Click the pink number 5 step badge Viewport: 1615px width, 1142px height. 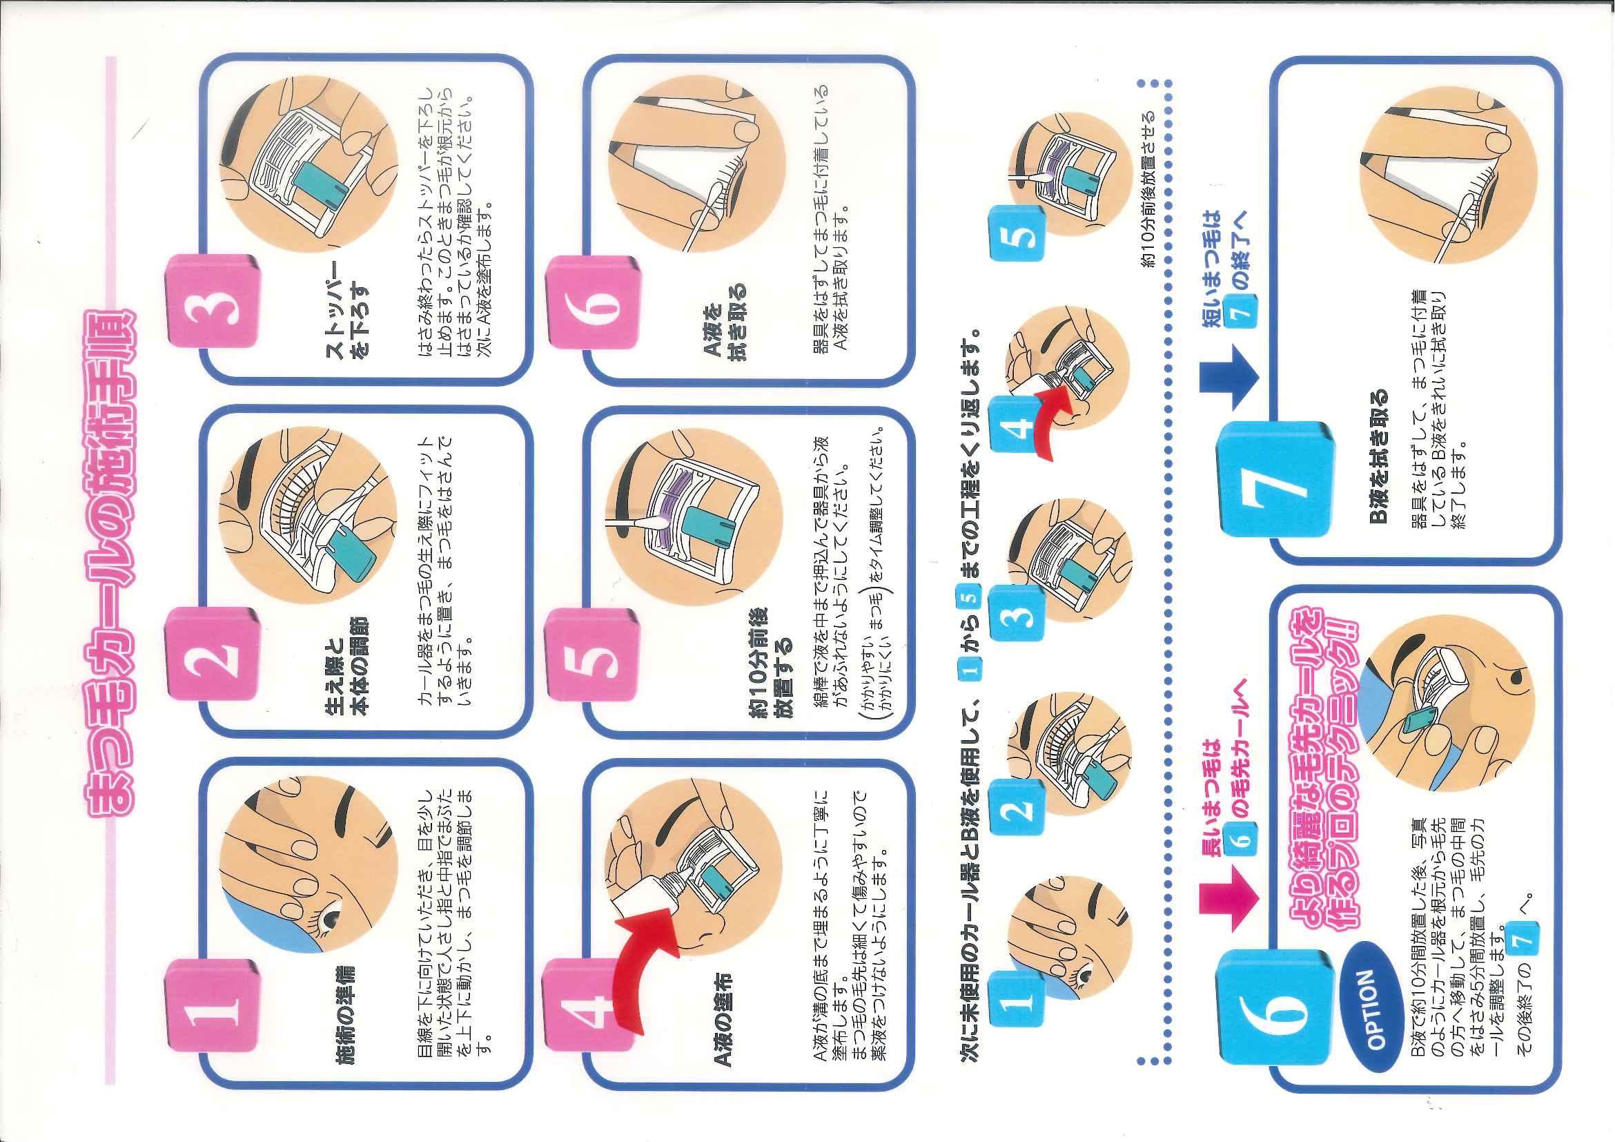point(593,655)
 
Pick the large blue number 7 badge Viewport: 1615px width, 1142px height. point(1276,479)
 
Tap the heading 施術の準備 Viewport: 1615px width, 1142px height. point(345,1014)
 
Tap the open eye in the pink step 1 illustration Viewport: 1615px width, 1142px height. point(331,920)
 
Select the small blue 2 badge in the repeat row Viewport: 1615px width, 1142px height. point(1016,808)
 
